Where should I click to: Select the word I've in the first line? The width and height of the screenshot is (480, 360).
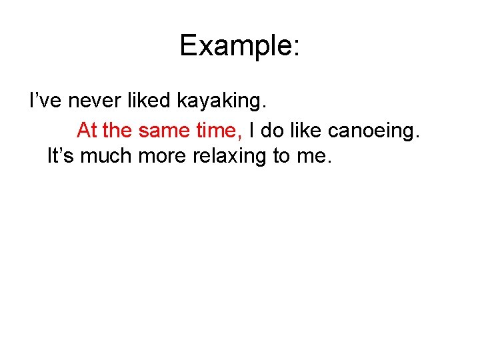(45, 101)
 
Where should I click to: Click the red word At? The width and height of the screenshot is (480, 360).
(87, 130)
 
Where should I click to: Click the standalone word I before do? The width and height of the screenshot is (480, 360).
(252, 130)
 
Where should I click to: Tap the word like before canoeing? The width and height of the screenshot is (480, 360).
(305, 130)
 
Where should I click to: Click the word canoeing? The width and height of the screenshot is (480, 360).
(375, 131)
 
